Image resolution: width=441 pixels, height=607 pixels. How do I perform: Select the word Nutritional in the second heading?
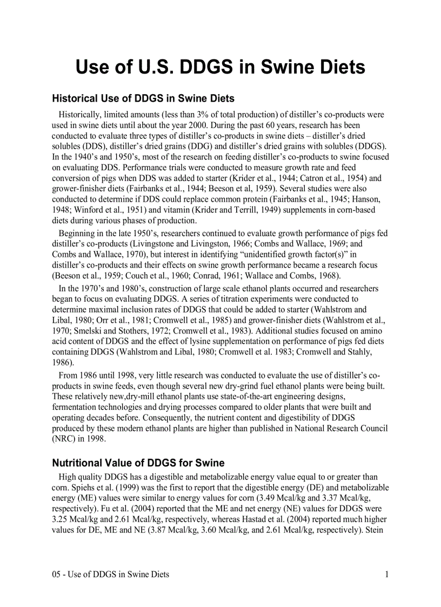tap(77, 463)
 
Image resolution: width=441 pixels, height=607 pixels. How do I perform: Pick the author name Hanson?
tap(369, 199)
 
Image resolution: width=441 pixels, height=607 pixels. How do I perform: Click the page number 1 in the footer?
tap(386, 574)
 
